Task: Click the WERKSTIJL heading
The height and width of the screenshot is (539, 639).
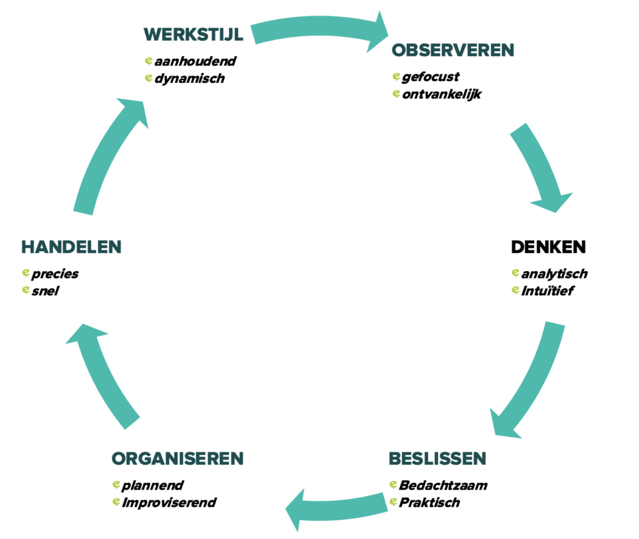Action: (x=193, y=34)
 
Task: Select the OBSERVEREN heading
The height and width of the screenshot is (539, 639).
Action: (x=453, y=51)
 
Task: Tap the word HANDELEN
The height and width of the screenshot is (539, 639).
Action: (x=71, y=247)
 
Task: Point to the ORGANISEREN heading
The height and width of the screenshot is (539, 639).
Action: (x=177, y=458)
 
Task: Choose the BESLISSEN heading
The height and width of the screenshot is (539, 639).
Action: (x=437, y=458)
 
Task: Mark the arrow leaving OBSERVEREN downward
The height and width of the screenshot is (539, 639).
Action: (x=540, y=166)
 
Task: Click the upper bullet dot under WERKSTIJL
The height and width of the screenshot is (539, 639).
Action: (x=149, y=61)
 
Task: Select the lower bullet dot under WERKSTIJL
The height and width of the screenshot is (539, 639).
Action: (x=149, y=78)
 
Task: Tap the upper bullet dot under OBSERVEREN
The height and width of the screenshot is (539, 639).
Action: (x=396, y=77)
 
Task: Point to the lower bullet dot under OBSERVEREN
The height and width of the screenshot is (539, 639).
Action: (x=396, y=94)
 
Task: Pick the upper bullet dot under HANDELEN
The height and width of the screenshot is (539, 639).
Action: (x=26, y=272)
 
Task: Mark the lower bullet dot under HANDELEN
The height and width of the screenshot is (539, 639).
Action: (x=26, y=290)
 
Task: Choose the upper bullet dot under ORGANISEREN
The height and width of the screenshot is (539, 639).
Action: (x=115, y=484)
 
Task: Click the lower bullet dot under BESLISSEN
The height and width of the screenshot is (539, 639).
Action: (x=393, y=502)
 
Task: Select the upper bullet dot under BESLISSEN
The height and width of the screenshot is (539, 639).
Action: (x=393, y=484)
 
